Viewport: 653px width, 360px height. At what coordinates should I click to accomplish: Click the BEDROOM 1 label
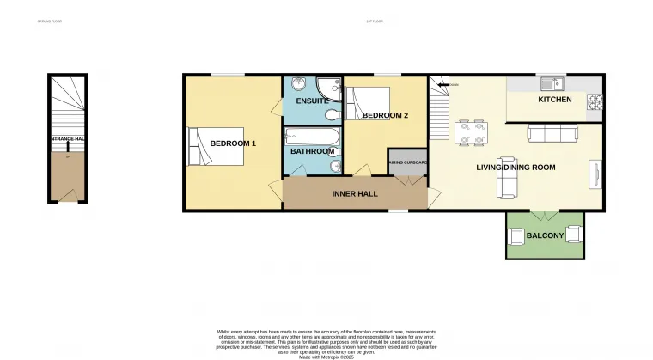(x=233, y=143)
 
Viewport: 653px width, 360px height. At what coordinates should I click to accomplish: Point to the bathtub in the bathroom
(x=313, y=136)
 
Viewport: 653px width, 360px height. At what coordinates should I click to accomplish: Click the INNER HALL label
(x=355, y=194)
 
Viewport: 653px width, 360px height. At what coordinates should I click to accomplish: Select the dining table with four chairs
(x=470, y=133)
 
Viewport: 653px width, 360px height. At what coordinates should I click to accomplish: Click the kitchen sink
(x=551, y=84)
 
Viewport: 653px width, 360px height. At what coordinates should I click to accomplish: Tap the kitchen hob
(x=594, y=102)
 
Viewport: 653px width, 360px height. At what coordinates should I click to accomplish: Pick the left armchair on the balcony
(x=519, y=234)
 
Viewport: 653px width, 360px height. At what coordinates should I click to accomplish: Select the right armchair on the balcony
(x=573, y=233)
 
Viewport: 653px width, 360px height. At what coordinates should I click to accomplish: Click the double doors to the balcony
(x=545, y=213)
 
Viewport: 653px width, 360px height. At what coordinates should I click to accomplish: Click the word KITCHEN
(x=554, y=100)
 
